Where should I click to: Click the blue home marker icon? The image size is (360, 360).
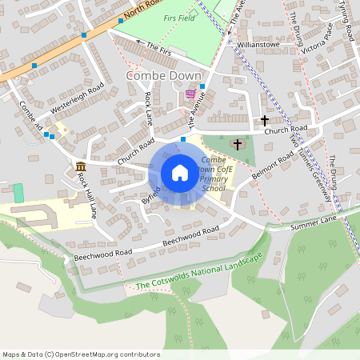180,173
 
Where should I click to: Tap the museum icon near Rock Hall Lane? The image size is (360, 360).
81,167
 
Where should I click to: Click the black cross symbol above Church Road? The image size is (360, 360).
265,120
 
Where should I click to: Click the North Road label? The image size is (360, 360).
144,7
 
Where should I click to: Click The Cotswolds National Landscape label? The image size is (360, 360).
198,273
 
